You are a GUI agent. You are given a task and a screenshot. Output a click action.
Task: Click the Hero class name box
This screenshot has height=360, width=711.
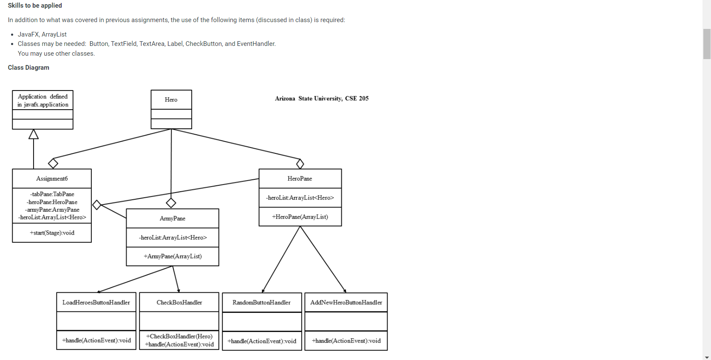[x=171, y=100]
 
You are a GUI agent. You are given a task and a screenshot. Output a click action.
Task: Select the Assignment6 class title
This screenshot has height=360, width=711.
[x=52, y=179]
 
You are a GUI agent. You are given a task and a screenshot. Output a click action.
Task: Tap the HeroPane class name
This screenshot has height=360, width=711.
[x=300, y=179]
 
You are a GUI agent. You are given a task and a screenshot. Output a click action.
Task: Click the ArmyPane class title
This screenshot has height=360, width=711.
[x=173, y=218]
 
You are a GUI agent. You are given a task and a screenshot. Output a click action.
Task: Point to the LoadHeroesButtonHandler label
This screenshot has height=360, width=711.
[x=96, y=303]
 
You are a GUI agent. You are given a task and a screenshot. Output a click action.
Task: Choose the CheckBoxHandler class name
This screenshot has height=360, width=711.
[x=179, y=303]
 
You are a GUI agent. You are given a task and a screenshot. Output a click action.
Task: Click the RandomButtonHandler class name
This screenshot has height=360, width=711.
[x=261, y=303]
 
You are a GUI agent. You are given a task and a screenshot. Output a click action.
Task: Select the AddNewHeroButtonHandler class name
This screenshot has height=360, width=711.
[x=346, y=303]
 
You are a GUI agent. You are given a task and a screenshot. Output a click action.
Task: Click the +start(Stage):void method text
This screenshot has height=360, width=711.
[x=52, y=233]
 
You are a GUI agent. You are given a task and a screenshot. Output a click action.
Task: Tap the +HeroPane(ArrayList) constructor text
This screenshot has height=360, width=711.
[x=300, y=217]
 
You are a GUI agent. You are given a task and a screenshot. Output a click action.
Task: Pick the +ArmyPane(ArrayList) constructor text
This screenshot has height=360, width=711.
[x=173, y=256]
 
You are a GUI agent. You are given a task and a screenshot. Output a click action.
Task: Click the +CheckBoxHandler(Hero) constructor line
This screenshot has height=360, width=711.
[x=179, y=336]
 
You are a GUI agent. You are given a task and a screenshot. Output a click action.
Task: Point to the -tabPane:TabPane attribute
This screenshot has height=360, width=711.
[x=52, y=194]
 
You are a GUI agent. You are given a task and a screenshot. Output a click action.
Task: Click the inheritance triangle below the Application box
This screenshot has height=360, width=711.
[x=34, y=135]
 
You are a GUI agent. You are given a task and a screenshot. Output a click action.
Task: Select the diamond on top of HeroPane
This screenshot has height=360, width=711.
[x=300, y=164]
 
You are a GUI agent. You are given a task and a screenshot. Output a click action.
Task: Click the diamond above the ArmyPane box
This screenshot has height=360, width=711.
[x=171, y=203]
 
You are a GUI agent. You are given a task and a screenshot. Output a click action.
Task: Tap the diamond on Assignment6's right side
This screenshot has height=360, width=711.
[x=97, y=205]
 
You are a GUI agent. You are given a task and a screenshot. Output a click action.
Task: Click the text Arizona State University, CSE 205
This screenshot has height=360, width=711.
[x=322, y=99]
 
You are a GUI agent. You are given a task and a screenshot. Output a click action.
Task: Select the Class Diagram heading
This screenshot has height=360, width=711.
[x=28, y=68]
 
